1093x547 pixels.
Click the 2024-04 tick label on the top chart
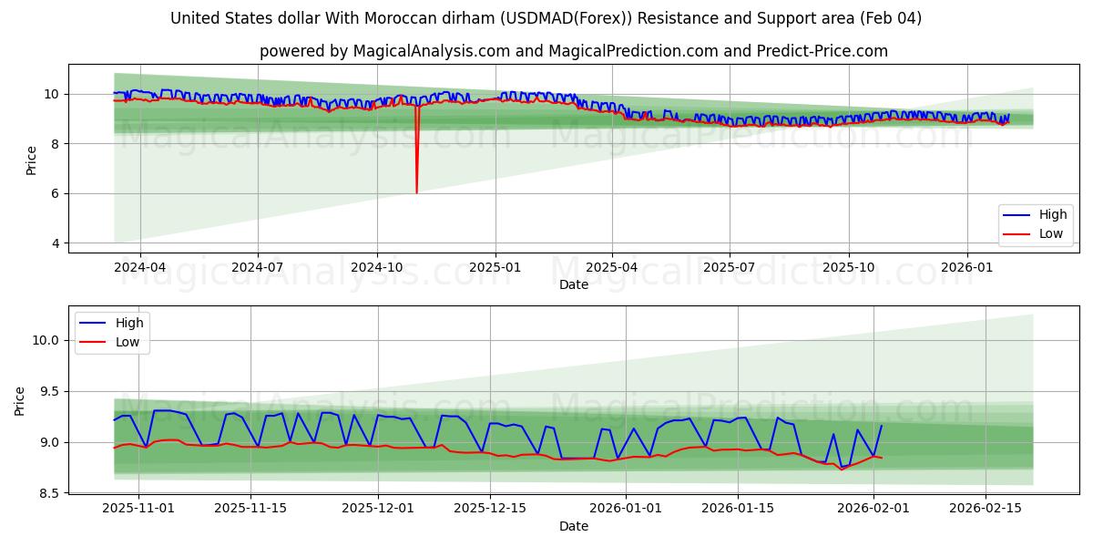coord(139,268)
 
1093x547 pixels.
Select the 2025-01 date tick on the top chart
coord(495,268)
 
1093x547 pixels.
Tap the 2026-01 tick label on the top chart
coord(967,268)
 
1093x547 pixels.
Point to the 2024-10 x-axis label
coord(377,268)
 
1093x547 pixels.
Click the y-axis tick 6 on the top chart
coord(55,193)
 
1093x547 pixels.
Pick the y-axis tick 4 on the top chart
coord(55,243)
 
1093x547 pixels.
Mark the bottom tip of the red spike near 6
coord(416,192)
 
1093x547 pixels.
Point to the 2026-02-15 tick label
coord(986,509)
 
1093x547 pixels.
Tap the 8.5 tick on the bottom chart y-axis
coord(51,493)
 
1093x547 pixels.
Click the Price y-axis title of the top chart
coord(32,160)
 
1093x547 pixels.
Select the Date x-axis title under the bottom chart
coord(574,526)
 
